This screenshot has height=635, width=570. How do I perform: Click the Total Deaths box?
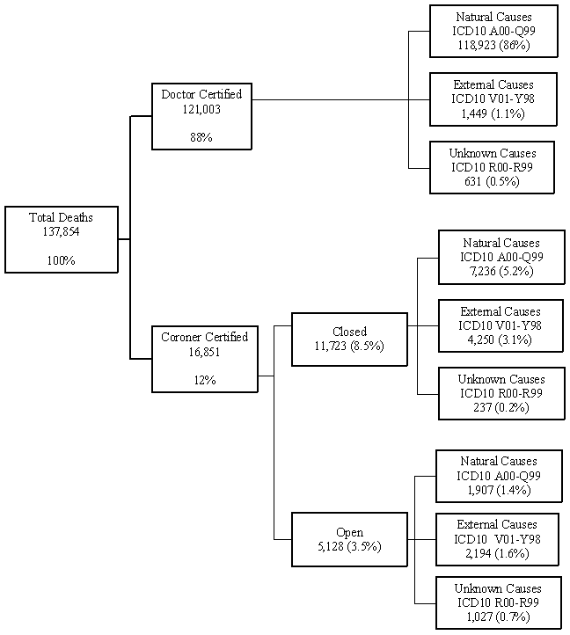61,239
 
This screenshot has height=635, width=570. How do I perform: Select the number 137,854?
61,231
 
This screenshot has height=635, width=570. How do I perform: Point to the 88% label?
201,137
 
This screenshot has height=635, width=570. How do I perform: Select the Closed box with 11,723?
349,339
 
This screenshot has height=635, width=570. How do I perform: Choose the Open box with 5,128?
349,539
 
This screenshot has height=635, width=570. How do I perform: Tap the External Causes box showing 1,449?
493,99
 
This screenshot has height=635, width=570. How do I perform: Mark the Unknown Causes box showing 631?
492,167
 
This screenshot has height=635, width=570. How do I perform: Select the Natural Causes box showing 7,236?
501,257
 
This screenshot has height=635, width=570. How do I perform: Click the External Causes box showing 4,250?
501,325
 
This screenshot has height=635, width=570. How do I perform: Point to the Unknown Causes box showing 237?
501,393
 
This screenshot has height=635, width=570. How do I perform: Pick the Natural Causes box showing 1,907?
498,475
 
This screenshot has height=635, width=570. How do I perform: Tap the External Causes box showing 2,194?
498,538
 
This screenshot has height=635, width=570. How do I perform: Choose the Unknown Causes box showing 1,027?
498,602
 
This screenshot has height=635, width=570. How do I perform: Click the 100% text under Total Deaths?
61,260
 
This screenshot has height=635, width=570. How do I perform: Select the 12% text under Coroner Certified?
205,380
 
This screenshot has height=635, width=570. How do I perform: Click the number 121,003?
201,109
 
